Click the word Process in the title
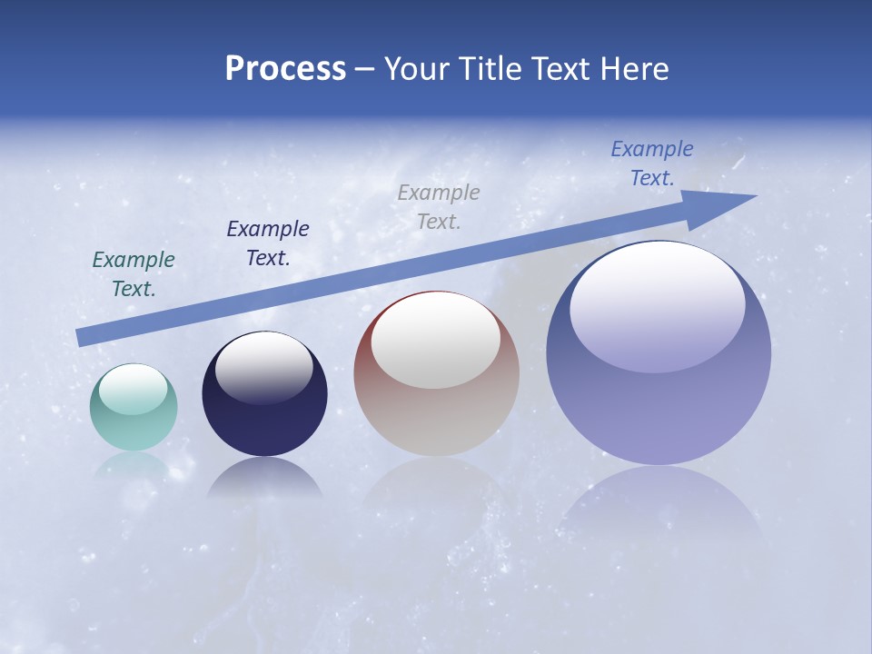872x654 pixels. pyautogui.click(x=285, y=69)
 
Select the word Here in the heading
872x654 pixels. pyautogui.click(x=635, y=69)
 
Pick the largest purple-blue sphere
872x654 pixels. pyautogui.click(x=659, y=409)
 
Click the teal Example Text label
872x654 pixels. pyautogui.click(x=134, y=274)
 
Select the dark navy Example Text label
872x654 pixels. pyautogui.click(x=268, y=243)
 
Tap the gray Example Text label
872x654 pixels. pyautogui.click(x=439, y=207)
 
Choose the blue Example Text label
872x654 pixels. pyautogui.click(x=652, y=163)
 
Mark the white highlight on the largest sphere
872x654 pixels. pyautogui.click(x=658, y=304)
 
